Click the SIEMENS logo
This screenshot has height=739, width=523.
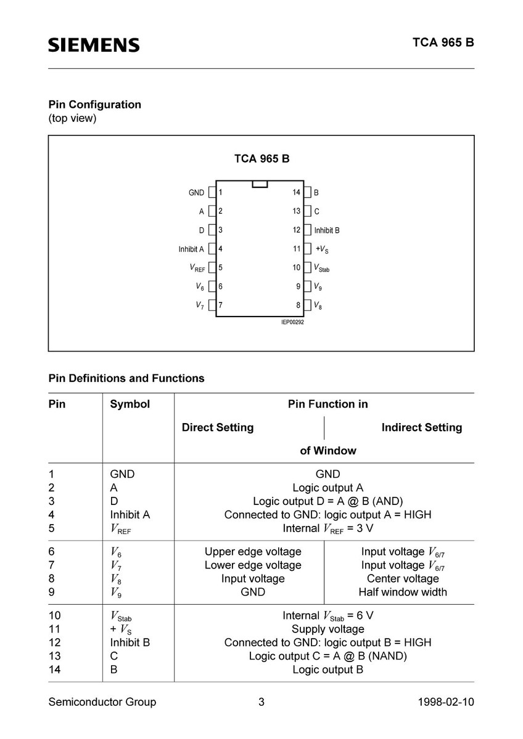click(x=94, y=45)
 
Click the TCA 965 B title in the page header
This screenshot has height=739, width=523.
click(x=443, y=43)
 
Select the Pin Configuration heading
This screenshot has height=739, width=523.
click(x=95, y=104)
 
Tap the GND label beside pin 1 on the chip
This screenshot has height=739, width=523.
click(x=196, y=193)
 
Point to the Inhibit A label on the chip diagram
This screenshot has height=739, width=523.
click(x=191, y=249)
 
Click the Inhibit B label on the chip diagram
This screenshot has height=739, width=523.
click(x=327, y=230)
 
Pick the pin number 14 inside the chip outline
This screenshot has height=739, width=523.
click(x=297, y=193)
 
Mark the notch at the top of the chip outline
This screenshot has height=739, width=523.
click(x=260, y=184)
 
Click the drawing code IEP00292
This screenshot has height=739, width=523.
click(x=293, y=322)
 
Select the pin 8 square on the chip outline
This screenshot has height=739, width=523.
click(x=307, y=305)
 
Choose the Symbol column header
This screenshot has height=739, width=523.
click(x=130, y=404)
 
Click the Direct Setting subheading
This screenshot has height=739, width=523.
click(x=218, y=427)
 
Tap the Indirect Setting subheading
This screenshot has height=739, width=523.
click(x=421, y=427)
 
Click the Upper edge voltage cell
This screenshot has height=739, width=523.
click(x=253, y=552)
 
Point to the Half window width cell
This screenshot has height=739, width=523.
click(x=403, y=592)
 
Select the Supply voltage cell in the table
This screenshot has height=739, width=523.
click(x=327, y=629)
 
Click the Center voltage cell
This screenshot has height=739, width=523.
click(x=403, y=578)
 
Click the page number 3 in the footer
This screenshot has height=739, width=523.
click(x=261, y=702)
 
